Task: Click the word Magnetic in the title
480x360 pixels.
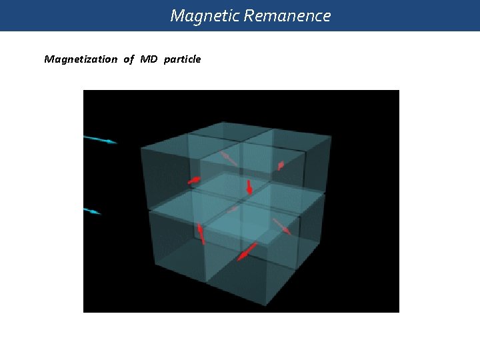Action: coord(205,15)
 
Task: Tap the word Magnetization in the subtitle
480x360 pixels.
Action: coord(80,59)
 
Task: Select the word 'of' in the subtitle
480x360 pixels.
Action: coord(128,59)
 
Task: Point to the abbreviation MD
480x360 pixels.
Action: coord(149,59)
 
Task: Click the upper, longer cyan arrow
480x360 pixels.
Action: coord(100,139)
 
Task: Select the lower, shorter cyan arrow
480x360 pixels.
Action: coord(92,211)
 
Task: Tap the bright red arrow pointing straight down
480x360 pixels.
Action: coord(249,187)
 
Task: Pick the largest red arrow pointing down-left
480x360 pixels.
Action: coord(247,251)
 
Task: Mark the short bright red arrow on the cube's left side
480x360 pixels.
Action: coord(194,179)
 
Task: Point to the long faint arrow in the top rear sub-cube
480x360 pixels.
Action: coord(228,158)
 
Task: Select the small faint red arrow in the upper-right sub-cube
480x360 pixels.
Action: coord(281,165)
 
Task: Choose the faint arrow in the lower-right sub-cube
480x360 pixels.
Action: coord(282,227)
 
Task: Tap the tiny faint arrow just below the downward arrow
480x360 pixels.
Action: coord(233,209)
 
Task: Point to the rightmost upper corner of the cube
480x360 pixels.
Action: coord(331,136)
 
